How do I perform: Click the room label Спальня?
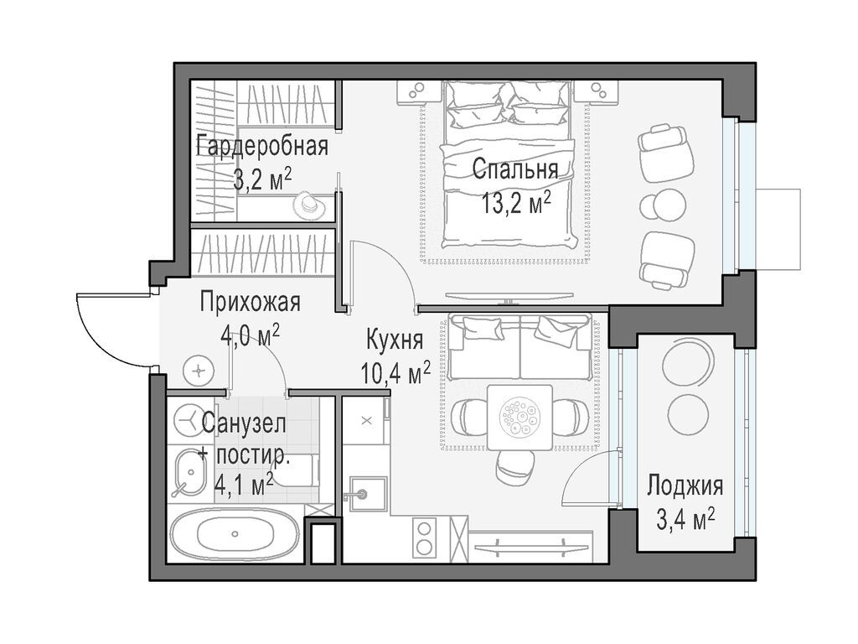(x=515, y=169)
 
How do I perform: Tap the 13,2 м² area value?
(x=516, y=204)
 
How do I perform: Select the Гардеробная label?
(x=262, y=146)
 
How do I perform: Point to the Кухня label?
(x=395, y=340)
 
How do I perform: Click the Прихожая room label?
(x=250, y=302)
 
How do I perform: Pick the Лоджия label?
(x=685, y=486)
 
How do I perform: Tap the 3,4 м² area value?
(x=686, y=520)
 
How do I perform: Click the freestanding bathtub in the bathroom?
(x=235, y=533)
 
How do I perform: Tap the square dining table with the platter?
(x=519, y=418)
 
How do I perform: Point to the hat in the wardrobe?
(x=308, y=205)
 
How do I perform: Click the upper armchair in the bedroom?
(x=665, y=153)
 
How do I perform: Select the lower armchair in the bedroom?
(x=666, y=260)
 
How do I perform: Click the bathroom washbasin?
(x=187, y=472)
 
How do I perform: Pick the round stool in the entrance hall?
(x=198, y=371)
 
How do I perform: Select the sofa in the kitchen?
(x=520, y=346)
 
